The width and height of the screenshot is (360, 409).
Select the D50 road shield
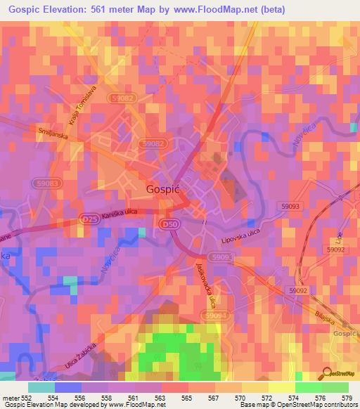[184, 223]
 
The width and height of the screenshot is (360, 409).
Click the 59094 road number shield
[217, 317]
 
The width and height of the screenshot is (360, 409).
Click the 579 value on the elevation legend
[346, 398]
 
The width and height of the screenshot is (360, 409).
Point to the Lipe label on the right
[340, 235]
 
